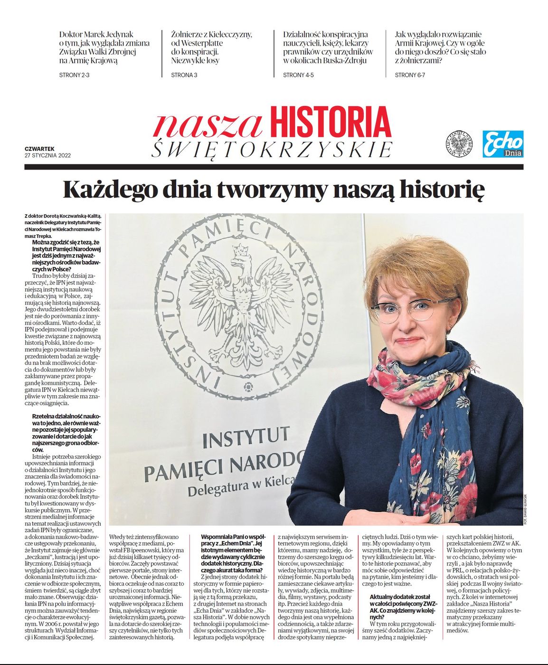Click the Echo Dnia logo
(x=503, y=144)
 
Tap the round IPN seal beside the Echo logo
(x=459, y=144)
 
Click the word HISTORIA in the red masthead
(x=331, y=123)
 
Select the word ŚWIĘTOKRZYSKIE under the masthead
(x=272, y=150)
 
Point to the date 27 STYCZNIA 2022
(x=48, y=155)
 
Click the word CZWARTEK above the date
(x=40, y=149)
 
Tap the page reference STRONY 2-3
(x=74, y=75)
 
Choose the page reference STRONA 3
(x=184, y=75)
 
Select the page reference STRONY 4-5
(x=298, y=75)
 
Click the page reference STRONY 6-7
(x=410, y=75)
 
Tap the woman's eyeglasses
(x=412, y=309)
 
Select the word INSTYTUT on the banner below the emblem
(x=246, y=437)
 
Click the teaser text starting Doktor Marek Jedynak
(x=104, y=47)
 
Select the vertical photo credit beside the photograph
(x=526, y=508)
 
